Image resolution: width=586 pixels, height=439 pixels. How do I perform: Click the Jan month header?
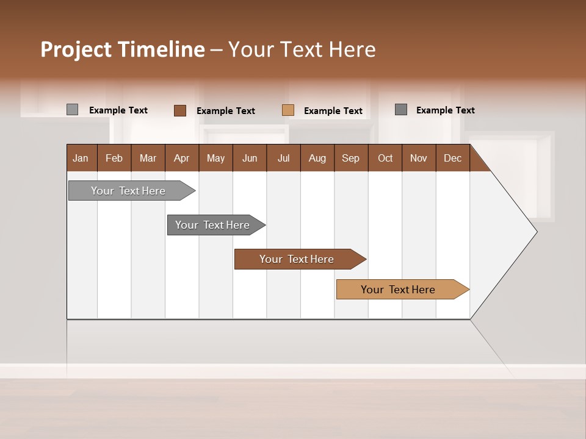coord(81,158)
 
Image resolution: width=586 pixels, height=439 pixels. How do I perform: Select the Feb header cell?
coord(114,158)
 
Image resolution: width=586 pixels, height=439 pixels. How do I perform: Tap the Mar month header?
coord(148,158)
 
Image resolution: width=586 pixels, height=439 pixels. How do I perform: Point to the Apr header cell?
coord(181,158)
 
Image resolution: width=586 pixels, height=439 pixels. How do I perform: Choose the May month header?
coord(215,158)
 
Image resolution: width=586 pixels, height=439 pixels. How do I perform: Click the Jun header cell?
coord(250,158)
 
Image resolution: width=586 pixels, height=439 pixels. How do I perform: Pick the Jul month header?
coord(283,158)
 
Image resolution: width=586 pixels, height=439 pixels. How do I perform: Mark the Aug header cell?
coord(317,158)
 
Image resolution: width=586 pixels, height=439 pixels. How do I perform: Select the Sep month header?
coord(351,158)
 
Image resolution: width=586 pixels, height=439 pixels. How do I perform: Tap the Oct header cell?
coord(385,158)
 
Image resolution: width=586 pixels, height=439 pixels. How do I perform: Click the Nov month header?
coord(419,158)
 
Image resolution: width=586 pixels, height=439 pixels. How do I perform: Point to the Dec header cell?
coord(452,158)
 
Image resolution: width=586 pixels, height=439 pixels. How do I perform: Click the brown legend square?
coord(180,110)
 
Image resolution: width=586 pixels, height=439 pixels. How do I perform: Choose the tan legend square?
coord(288,110)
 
